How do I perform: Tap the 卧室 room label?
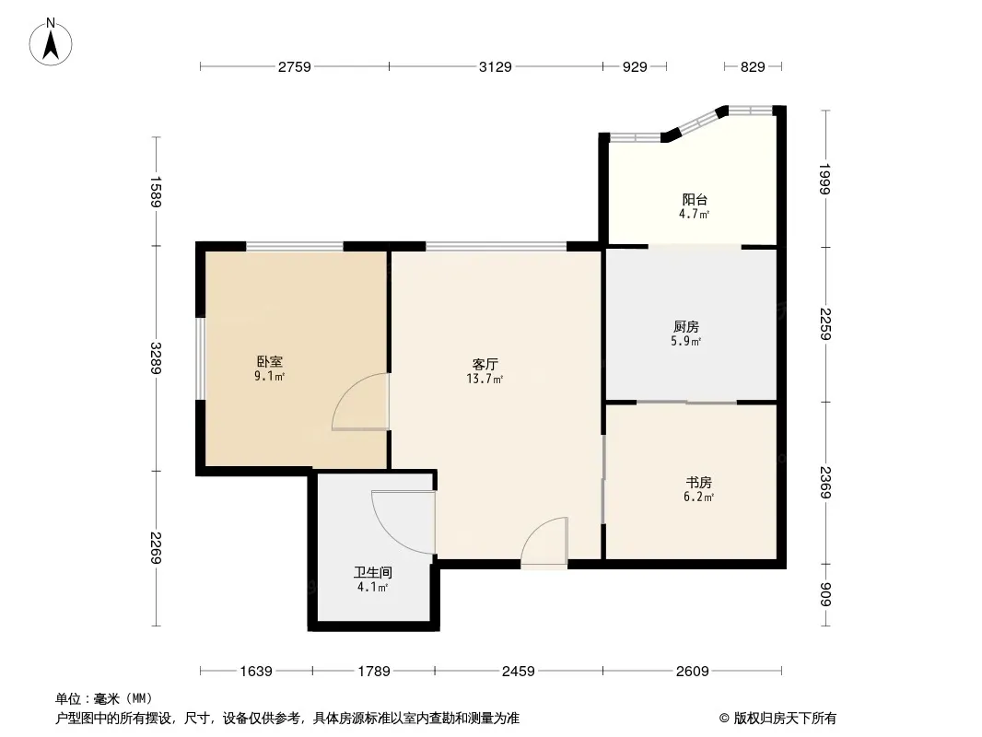pos(269,362)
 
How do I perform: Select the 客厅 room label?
pos(486,364)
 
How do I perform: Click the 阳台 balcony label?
pos(695,200)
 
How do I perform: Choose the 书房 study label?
pos(698,482)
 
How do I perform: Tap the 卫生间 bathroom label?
pos(372,572)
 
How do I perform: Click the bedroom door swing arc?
pos(359,402)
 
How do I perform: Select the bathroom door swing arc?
pos(402,521)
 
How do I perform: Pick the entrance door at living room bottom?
pos(544,544)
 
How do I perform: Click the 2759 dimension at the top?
pos(295,66)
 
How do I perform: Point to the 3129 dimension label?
pos(495,66)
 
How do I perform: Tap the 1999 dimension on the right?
pos(824,178)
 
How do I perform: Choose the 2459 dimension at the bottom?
pos(518,672)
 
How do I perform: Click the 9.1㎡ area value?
pos(269,377)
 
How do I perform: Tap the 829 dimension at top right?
pos(753,66)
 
